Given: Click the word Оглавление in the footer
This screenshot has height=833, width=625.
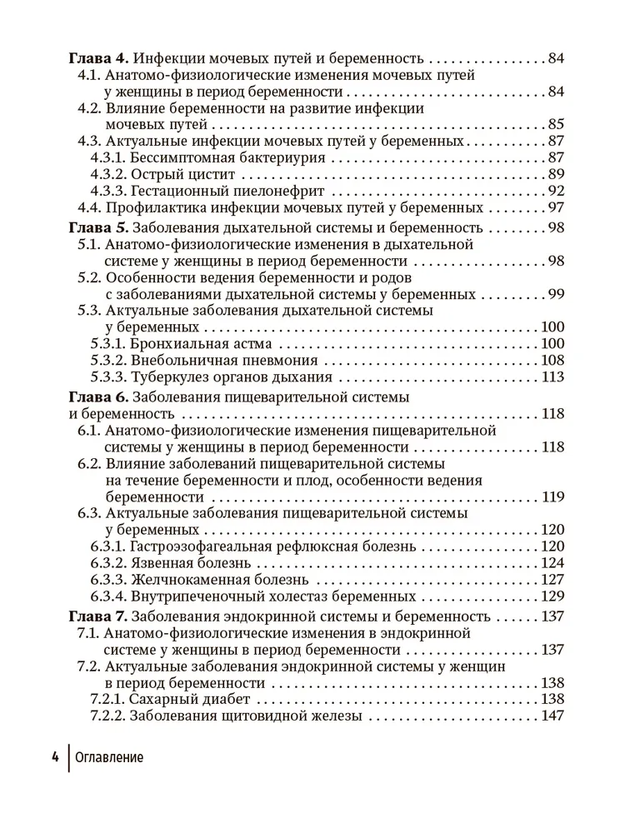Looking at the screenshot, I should [x=109, y=757].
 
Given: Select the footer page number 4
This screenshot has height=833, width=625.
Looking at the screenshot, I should [x=54, y=757].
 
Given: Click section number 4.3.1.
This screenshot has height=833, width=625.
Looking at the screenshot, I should [x=107, y=158].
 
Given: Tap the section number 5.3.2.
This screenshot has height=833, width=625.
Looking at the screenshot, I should [x=107, y=361].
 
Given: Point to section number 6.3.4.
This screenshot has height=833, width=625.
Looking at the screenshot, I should [x=107, y=596].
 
